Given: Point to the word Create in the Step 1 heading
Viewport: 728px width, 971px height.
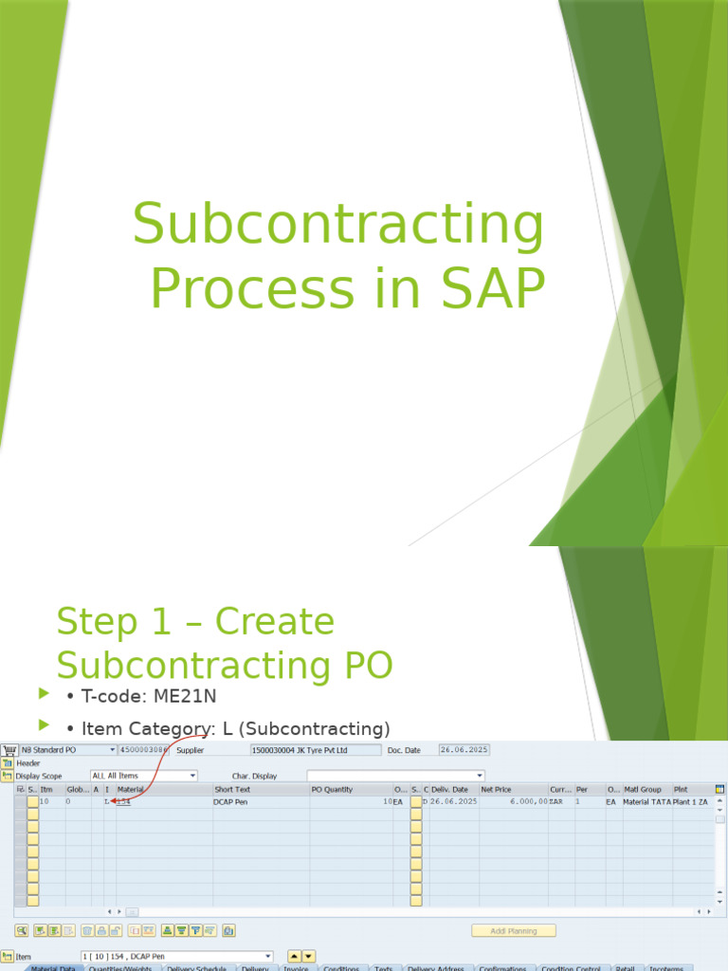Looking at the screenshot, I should pos(275,622).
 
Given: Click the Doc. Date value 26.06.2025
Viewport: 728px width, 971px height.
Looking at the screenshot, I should pos(464,750).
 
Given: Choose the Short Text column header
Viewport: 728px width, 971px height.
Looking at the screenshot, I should pos(233,789).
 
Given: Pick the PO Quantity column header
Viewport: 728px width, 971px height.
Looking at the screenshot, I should pos(333,789).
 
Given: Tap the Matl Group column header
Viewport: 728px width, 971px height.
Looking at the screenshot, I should pos(642,789).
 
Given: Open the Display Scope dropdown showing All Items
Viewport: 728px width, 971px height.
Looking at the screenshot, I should pos(143,776).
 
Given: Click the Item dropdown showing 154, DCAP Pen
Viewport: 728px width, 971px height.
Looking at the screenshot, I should pos(176,957).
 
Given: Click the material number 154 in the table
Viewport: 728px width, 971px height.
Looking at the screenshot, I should pos(123,801).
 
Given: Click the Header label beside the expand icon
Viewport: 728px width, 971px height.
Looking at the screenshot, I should pos(28,762).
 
